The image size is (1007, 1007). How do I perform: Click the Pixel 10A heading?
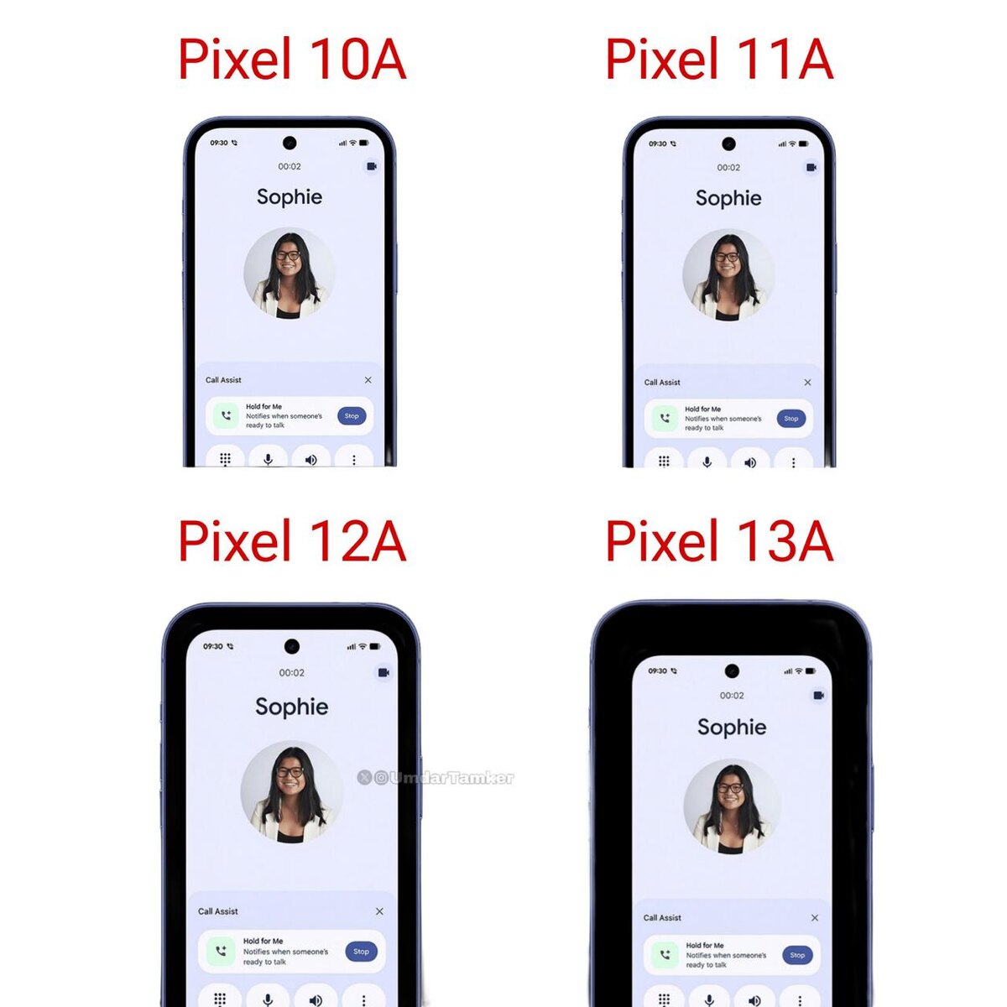coord(291,59)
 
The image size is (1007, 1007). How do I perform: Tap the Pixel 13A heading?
coord(719,540)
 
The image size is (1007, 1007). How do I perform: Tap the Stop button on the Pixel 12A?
coord(361,951)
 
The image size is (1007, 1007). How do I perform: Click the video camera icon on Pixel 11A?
coord(811,167)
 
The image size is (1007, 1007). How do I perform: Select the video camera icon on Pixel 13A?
coord(819,695)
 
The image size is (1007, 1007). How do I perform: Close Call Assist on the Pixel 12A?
coord(379,910)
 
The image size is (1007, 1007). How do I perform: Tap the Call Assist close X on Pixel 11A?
coord(807,383)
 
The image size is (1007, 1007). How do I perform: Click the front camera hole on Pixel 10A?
coord(290,143)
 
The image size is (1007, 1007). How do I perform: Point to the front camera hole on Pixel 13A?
coord(732,670)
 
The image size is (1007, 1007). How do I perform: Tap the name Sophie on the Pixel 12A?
coord(291,707)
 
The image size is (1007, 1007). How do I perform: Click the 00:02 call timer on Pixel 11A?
coord(728,167)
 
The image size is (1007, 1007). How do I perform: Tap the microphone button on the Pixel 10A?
coord(268,460)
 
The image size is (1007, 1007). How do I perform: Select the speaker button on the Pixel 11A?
coord(750,462)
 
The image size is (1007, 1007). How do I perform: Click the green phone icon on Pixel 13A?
coord(665,955)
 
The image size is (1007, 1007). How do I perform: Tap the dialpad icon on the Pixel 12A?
coord(220,997)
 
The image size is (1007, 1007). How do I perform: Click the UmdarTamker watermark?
coord(436,778)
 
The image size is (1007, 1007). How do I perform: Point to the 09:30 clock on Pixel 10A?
coord(219,143)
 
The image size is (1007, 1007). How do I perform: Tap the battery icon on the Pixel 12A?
coord(374,646)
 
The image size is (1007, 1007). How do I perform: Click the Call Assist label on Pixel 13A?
coord(662,918)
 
